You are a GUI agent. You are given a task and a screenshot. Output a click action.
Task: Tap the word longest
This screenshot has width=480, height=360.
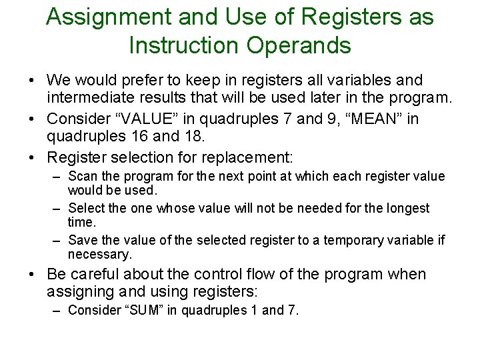(407, 209)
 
